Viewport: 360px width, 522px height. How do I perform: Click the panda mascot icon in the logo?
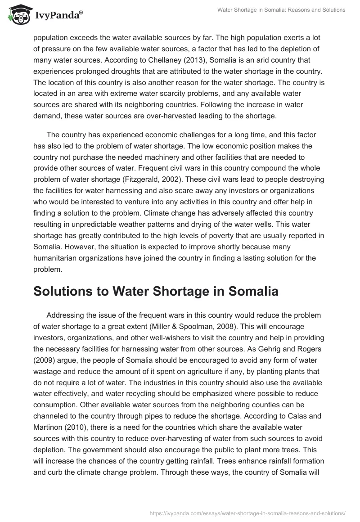point(17,15)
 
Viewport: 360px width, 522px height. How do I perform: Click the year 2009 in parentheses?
point(43,349)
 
